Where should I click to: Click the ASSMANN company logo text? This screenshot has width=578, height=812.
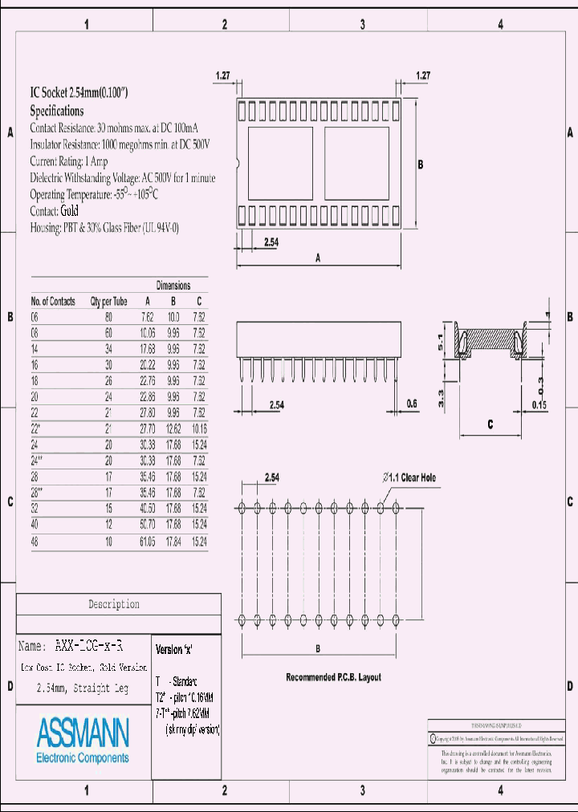click(83, 733)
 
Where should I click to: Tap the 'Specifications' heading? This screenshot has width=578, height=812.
click(57, 111)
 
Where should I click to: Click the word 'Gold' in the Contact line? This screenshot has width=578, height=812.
click(69, 211)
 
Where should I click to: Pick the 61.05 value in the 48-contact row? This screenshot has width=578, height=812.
click(147, 542)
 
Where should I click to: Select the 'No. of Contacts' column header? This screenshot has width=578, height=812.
click(53, 302)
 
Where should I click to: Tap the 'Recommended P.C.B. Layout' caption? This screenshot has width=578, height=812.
click(333, 677)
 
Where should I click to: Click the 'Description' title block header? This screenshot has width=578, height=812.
click(113, 604)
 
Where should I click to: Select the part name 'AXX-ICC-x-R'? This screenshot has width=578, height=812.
click(88, 645)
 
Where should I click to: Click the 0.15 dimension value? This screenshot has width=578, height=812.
click(539, 405)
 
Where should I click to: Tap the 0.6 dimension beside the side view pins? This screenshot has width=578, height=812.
click(412, 404)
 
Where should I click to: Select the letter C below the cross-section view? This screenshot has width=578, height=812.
click(490, 424)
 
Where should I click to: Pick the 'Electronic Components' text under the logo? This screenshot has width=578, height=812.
click(83, 757)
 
